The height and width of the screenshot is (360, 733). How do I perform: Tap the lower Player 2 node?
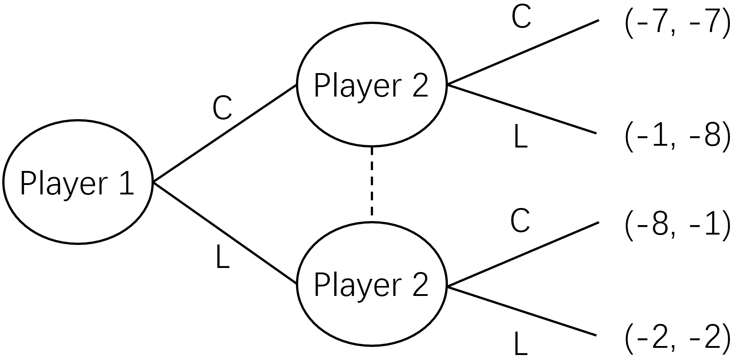(x=371, y=284)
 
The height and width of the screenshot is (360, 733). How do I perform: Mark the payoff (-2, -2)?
(x=677, y=338)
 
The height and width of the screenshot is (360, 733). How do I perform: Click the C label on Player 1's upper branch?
(x=222, y=109)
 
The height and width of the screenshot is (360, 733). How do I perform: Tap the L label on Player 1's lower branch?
(x=223, y=259)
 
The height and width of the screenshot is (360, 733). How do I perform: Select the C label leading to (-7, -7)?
(x=521, y=18)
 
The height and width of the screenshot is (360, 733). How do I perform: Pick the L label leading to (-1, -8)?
(x=521, y=137)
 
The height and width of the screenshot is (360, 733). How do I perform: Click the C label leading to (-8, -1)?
(x=520, y=221)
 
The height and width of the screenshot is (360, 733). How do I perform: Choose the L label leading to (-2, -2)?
(x=521, y=344)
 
